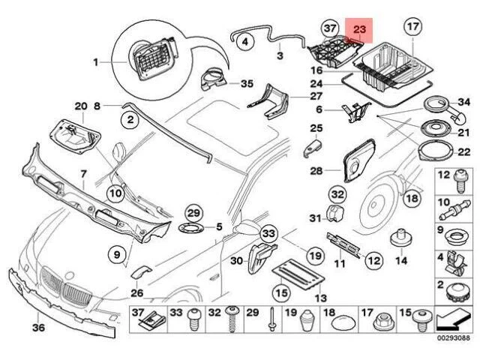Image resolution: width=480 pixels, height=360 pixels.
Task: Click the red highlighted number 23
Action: pos(359,29)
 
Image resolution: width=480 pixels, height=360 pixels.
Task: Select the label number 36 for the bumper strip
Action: pos(38,327)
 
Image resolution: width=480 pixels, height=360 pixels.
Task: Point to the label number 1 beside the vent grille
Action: pos(95,61)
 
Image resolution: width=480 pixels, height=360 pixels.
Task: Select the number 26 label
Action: pos(136,292)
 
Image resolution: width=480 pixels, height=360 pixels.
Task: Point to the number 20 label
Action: pos(81,106)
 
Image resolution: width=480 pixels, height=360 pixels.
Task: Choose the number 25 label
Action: pos(316,128)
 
